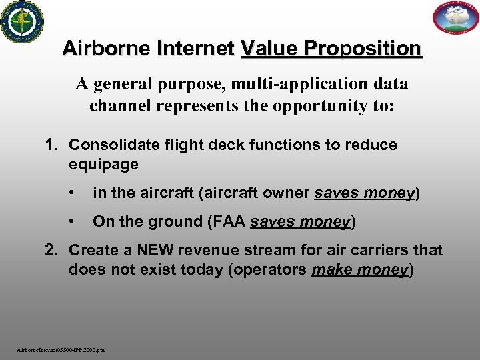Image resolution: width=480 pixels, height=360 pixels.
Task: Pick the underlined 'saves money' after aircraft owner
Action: point(365,193)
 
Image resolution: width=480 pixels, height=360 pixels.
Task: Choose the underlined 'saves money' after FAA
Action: point(300,221)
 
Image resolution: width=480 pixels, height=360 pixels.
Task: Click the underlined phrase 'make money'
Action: point(359,269)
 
